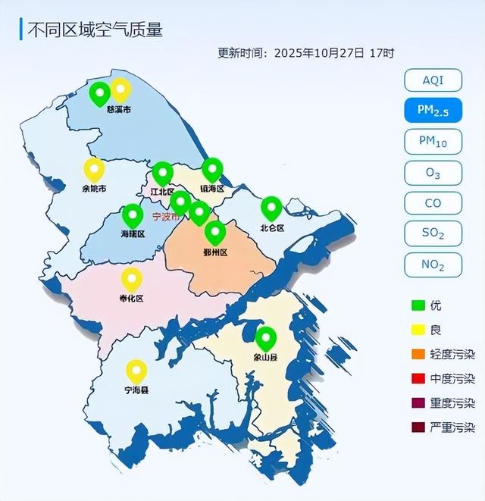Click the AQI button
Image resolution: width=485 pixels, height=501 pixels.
pyautogui.click(x=433, y=80)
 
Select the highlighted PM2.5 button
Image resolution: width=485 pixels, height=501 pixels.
pyautogui.click(x=433, y=110)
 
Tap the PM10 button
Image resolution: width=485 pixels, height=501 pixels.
pyautogui.click(x=433, y=141)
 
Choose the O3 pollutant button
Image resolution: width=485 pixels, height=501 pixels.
pyautogui.click(x=433, y=172)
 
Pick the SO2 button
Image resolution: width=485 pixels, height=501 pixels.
pyautogui.click(x=433, y=233)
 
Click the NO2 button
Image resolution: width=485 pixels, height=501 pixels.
pyautogui.click(x=433, y=265)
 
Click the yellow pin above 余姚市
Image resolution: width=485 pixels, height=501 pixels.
pyautogui.click(x=94, y=169)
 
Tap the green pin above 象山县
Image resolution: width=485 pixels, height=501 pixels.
pyautogui.click(x=265, y=338)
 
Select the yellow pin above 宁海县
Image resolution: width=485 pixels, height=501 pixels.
pyautogui.click(x=136, y=371)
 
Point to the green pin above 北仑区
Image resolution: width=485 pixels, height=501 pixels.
pyautogui.click(x=271, y=207)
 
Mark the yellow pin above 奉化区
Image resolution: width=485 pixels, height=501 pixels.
pyautogui.click(x=132, y=279)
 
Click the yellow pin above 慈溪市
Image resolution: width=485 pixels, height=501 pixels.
pyautogui.click(x=120, y=90)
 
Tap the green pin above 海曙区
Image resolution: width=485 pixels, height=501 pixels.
pyautogui.click(x=133, y=215)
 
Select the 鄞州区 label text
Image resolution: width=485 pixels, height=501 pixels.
pyautogui.click(x=216, y=252)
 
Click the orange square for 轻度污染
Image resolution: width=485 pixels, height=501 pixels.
pyautogui.click(x=417, y=354)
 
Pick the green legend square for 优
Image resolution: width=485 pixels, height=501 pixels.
pyautogui.click(x=417, y=305)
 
